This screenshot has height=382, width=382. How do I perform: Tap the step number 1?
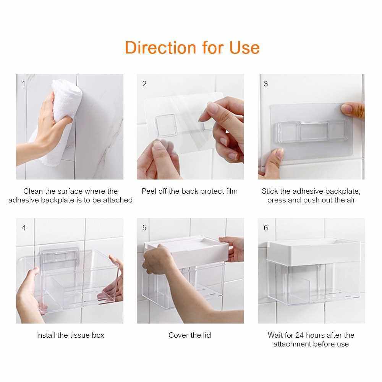[24, 84]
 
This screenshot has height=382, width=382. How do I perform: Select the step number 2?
[144, 84]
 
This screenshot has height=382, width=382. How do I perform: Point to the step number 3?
[266, 84]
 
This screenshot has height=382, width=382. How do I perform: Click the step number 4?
[24, 228]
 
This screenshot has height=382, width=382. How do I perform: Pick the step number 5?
[144, 228]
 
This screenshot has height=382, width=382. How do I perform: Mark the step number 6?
[266, 228]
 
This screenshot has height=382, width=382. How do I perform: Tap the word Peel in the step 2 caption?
[149, 191]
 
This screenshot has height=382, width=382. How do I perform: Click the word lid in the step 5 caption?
[206, 335]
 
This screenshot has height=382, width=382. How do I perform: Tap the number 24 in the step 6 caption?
[299, 335]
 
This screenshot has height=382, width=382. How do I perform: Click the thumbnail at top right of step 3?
[353, 111]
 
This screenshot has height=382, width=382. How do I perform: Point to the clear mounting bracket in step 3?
[312, 131]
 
